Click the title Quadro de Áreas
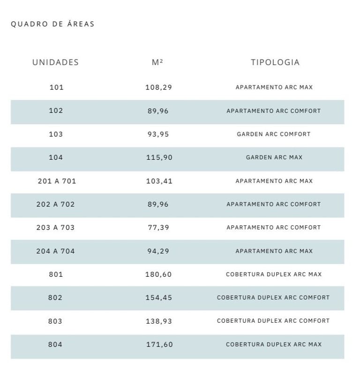52,24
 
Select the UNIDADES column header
55,62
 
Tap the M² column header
157,62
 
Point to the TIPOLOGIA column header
275,62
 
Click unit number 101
56,87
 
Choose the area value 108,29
158,87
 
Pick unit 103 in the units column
56,134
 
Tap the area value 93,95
158,134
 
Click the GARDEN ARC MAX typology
274,157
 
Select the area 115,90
159,157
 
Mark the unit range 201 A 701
57,181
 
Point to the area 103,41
159,181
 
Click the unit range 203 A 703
55,228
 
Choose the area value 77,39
158,228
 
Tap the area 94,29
158,251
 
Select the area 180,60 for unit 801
158,274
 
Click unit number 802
55,297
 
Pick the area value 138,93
159,321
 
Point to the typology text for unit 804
274,344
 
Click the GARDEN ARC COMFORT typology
274,134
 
